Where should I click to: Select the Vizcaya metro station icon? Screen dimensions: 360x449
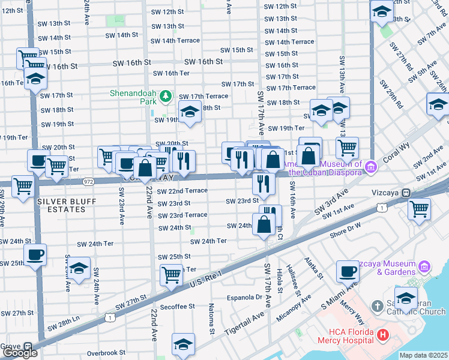[406, 193]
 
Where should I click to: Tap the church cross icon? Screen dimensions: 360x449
[377, 307]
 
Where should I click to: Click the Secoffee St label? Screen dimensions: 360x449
[178, 306]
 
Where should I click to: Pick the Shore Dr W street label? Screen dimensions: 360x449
[345, 226]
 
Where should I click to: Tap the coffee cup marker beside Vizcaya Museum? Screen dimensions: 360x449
[348, 272]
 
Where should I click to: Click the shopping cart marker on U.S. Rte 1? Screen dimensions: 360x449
[172, 275]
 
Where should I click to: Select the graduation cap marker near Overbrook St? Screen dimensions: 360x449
[184, 344]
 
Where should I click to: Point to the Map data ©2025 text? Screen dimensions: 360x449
[423, 355]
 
